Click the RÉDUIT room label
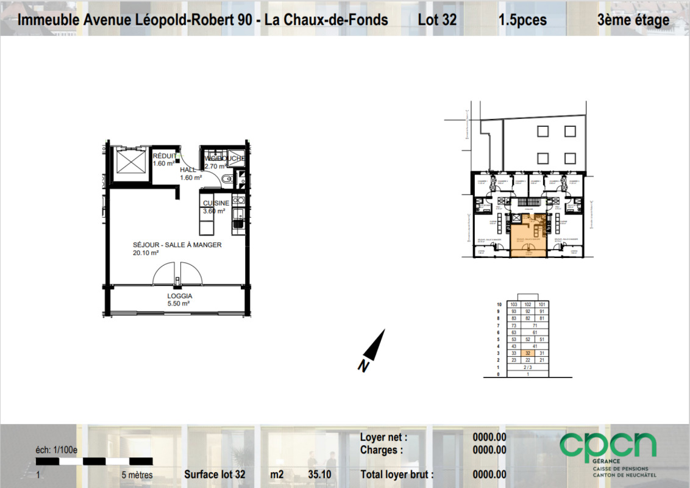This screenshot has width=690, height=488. (x=164, y=156)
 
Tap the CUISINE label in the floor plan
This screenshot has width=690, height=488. (x=216, y=203)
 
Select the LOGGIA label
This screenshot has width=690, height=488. (x=179, y=296)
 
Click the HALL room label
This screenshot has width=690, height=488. (x=188, y=170)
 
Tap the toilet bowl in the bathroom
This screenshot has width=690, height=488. (x=226, y=179)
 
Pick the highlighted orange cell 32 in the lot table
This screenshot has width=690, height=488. (x=528, y=353)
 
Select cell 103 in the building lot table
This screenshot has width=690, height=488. (x=514, y=304)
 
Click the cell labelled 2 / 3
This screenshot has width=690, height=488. (x=528, y=367)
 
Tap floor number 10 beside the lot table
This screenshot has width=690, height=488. (x=499, y=304)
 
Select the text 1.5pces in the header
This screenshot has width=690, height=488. (x=522, y=20)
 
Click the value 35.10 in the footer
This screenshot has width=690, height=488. (x=320, y=475)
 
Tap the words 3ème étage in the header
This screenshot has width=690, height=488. (x=633, y=20)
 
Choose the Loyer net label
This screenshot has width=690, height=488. (x=383, y=437)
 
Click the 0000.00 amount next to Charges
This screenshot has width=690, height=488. (x=489, y=450)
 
